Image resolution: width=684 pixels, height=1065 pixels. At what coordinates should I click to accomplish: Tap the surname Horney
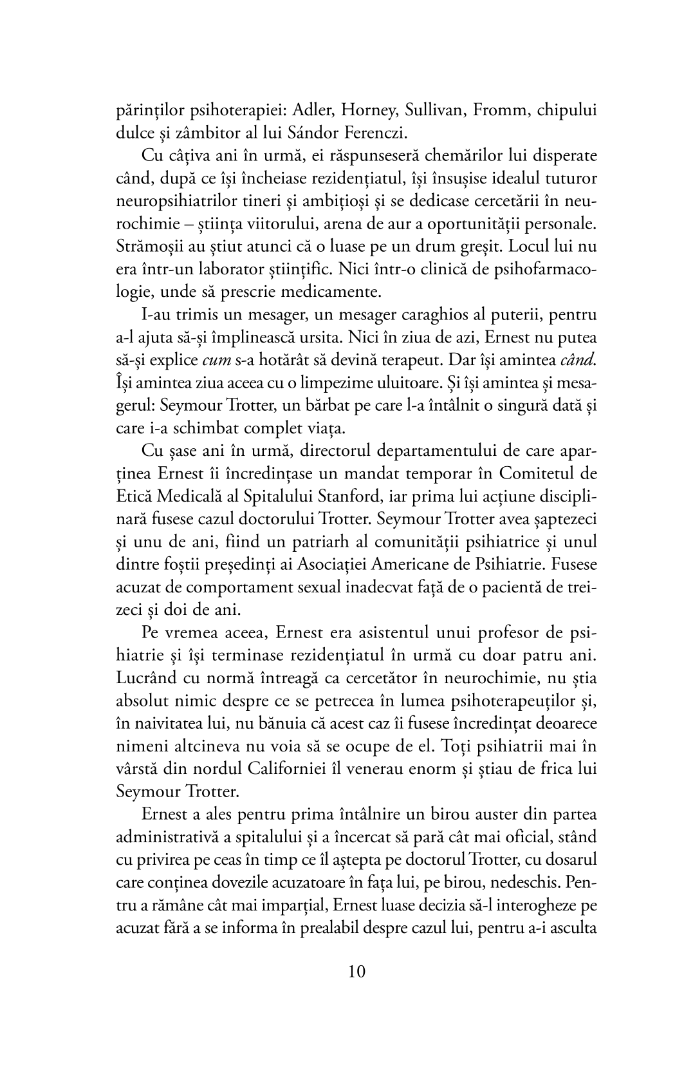coord(364,110)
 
